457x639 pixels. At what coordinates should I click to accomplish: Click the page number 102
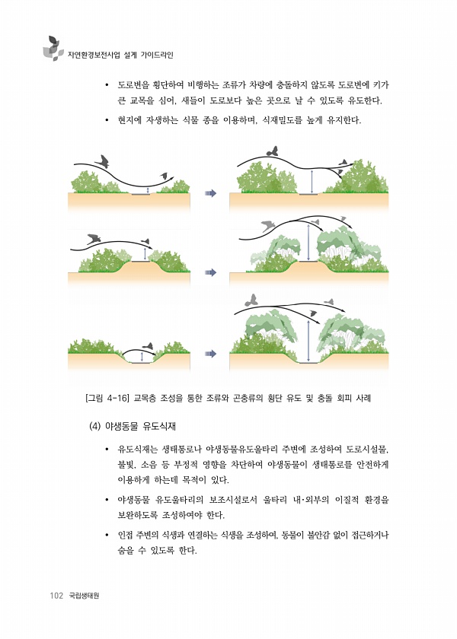(x=56, y=596)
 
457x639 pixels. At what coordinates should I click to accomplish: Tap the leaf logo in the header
(x=53, y=49)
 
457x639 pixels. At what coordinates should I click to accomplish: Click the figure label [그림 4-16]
(x=107, y=398)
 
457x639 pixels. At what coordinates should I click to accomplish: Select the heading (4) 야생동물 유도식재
(x=133, y=426)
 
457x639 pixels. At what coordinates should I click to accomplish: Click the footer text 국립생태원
(x=84, y=596)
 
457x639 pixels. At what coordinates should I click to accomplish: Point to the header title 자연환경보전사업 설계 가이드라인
(x=120, y=55)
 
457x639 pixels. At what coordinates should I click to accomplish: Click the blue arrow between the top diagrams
(x=210, y=193)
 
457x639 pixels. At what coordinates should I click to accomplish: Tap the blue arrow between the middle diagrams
(x=210, y=272)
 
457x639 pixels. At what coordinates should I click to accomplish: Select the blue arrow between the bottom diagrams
(x=210, y=354)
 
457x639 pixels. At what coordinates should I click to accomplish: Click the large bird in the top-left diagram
(x=103, y=161)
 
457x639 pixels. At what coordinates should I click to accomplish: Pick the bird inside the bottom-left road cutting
(x=148, y=346)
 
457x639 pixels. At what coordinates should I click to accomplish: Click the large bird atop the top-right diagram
(x=272, y=151)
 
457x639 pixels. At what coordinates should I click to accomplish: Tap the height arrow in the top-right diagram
(x=312, y=182)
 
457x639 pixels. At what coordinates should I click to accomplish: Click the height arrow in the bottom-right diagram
(x=308, y=341)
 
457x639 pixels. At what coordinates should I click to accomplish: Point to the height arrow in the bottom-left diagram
(x=142, y=357)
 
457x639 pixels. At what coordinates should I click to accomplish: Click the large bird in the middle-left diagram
(x=94, y=238)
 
